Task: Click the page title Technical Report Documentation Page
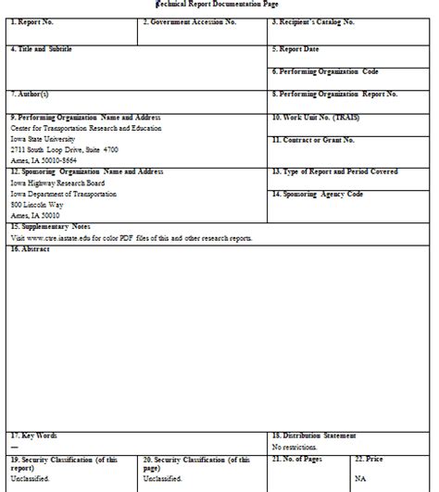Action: pyautogui.click(x=219, y=6)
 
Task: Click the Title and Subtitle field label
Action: pyautogui.click(x=41, y=48)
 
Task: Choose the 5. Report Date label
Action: pyautogui.click(x=295, y=48)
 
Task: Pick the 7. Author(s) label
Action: pyautogui.click(x=30, y=94)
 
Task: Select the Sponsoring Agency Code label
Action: pyautogui.click(x=318, y=194)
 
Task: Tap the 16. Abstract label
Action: pyautogui.click(x=30, y=248)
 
